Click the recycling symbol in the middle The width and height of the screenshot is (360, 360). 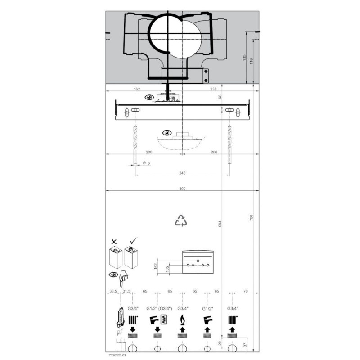[181, 220]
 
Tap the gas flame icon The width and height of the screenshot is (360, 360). [182, 320]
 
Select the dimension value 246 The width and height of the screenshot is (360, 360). [182, 173]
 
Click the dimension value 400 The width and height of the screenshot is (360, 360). [182, 189]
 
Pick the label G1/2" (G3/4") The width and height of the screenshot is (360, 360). [157, 309]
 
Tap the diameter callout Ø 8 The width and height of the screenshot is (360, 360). [146, 163]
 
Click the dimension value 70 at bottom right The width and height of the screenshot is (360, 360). [245, 292]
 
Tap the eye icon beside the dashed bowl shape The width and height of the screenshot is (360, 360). [167, 133]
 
